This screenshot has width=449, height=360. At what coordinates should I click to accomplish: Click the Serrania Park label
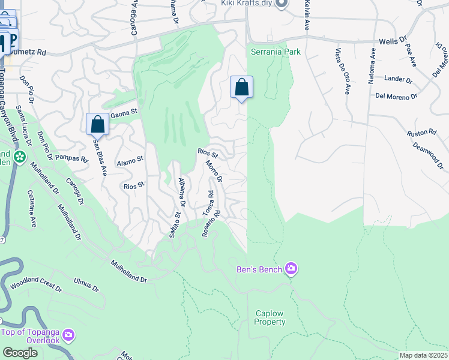point(276,52)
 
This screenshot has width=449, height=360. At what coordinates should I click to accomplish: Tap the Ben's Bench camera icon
point(291,269)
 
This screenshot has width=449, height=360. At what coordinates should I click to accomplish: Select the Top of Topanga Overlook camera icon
point(68,334)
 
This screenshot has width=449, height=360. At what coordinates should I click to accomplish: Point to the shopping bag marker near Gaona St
point(97,124)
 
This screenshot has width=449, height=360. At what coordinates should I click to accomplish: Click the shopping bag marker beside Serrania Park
point(241,87)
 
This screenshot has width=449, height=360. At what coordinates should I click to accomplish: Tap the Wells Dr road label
point(393,42)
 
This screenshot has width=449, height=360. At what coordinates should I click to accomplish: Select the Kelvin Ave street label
point(307,16)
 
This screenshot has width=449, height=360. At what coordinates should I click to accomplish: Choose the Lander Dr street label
point(399,79)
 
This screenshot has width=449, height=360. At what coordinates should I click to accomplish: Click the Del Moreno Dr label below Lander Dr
point(396,97)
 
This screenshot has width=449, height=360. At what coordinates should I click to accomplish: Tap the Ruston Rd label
point(421,133)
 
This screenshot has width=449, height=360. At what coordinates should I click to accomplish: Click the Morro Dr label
point(214,171)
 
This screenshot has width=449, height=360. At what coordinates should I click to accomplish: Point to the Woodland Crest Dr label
point(36,284)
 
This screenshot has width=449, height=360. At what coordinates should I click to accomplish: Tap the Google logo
point(20,353)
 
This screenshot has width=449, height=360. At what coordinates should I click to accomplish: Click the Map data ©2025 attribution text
point(423,355)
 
